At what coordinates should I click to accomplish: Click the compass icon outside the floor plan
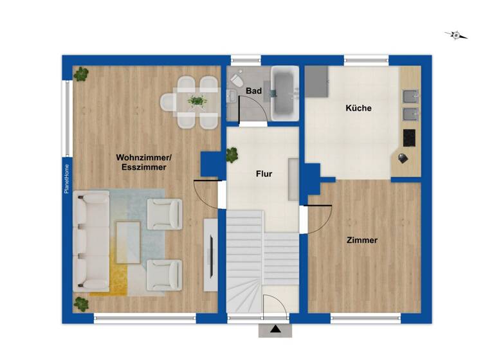(456, 35)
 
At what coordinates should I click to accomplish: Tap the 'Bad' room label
(253, 91)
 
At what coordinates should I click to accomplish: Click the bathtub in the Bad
(283, 93)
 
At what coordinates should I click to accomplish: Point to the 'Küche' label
(358, 108)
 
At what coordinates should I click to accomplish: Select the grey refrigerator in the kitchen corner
(316, 80)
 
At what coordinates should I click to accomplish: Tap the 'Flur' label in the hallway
(264, 174)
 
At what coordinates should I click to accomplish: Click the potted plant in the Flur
(232, 154)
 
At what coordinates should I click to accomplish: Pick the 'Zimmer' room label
(361, 240)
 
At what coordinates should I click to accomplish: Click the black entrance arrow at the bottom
(275, 330)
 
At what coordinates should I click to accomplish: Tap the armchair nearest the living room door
(165, 213)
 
